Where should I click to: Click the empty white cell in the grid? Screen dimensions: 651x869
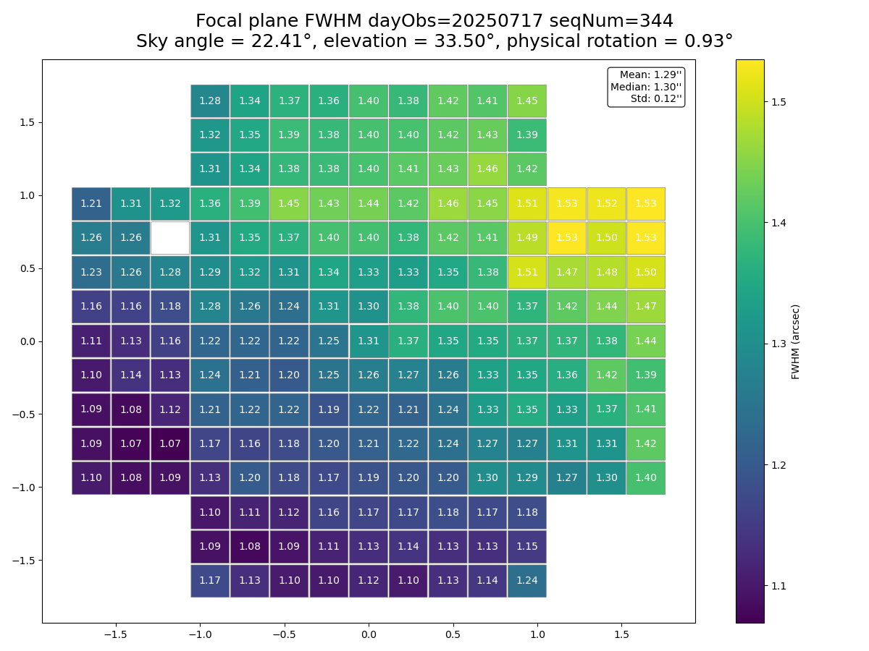click(x=170, y=238)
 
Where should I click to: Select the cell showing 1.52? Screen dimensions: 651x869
click(x=606, y=204)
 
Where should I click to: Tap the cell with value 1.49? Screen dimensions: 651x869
click(x=527, y=238)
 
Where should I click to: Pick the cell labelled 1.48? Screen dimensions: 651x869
click(x=606, y=272)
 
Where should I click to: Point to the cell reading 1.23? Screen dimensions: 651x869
click(x=91, y=272)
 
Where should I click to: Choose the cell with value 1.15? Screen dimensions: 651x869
click(x=527, y=546)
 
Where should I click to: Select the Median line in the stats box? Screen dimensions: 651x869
click(x=646, y=87)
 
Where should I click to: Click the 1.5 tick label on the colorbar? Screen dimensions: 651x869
click(x=779, y=102)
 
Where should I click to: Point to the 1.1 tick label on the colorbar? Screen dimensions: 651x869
click(x=779, y=586)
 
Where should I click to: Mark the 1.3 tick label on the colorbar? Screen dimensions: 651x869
click(x=779, y=344)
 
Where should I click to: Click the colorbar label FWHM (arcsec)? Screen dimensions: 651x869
click(x=796, y=341)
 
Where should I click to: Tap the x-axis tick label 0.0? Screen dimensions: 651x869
click(x=369, y=634)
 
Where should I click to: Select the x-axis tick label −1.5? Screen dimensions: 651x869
click(x=115, y=634)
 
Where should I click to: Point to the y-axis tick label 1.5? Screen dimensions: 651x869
click(x=27, y=122)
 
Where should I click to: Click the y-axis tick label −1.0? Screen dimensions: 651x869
click(x=23, y=488)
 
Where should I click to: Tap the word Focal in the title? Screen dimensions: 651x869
click(x=220, y=22)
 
